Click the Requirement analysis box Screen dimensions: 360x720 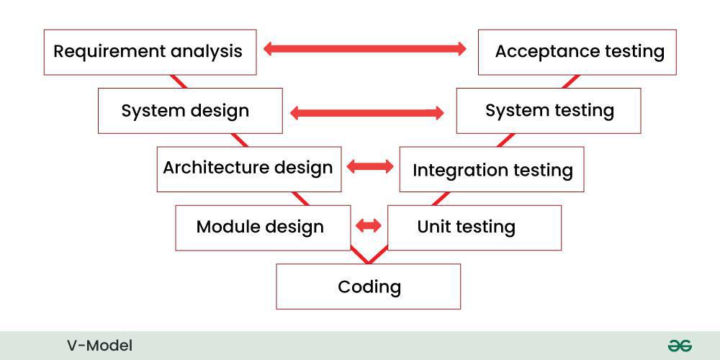[150, 52]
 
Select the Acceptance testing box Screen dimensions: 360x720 [577, 52]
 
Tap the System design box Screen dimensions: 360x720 [190, 111]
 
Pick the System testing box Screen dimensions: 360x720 [549, 111]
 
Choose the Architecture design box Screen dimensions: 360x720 [248, 168]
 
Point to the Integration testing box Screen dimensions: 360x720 [492, 171]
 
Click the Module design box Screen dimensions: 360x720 [262, 228]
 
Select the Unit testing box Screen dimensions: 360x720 [474, 228]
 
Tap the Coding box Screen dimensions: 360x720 [369, 287]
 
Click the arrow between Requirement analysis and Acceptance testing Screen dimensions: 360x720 [365, 49]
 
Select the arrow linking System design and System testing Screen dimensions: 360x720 [366, 112]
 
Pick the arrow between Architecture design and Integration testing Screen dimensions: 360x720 [370, 167]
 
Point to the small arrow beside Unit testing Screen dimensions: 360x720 [369, 226]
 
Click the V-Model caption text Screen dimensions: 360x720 [99, 346]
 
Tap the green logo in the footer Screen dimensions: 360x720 [679, 346]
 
